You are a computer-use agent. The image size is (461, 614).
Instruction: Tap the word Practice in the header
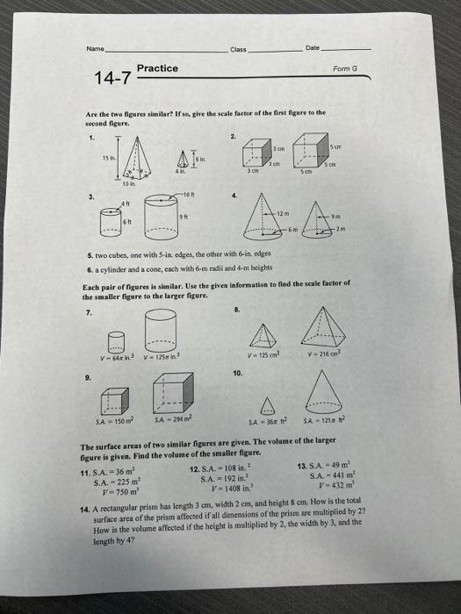(157, 68)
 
